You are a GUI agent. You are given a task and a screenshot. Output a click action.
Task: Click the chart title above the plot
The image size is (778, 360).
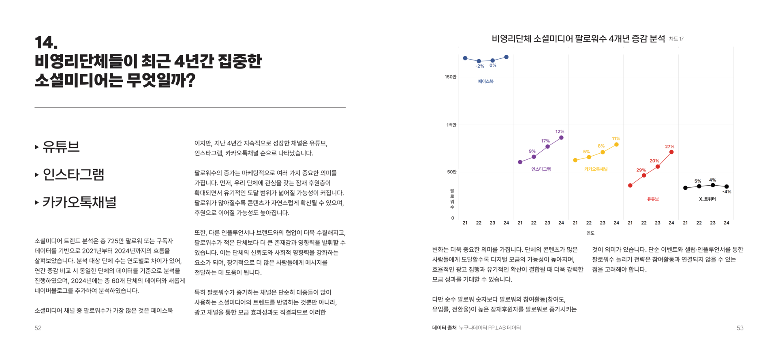(x=578, y=39)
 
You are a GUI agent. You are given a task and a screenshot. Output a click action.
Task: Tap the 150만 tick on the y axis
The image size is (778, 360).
(x=450, y=77)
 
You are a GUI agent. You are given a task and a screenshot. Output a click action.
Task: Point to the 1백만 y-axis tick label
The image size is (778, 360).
(x=451, y=125)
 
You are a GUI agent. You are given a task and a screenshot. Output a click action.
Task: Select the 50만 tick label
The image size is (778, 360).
(x=451, y=172)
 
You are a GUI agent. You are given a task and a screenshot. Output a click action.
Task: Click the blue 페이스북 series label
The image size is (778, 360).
(x=485, y=81)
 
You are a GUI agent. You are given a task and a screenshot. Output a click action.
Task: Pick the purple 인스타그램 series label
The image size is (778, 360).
(x=541, y=169)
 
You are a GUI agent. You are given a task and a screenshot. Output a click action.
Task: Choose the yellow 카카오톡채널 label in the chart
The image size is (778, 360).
(x=596, y=169)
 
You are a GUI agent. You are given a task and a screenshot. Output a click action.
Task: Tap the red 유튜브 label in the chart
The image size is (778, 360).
(x=652, y=199)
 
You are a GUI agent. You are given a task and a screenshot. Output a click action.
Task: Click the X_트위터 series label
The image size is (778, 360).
(x=707, y=199)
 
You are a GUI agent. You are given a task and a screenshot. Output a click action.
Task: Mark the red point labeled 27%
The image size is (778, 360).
(x=671, y=152)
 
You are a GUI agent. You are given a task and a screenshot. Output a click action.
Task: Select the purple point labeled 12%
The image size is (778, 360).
(x=561, y=138)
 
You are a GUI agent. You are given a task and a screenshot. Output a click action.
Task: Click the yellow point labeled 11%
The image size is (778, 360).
(x=616, y=144)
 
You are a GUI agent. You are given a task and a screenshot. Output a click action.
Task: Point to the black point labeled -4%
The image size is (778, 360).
(x=727, y=186)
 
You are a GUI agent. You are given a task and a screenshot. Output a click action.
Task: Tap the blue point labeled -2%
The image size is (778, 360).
(x=479, y=61)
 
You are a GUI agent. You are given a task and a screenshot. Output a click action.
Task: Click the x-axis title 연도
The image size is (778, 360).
(x=590, y=233)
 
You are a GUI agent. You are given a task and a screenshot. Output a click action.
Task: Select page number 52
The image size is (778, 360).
(x=38, y=328)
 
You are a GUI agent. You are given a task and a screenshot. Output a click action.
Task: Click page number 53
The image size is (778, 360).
(x=740, y=328)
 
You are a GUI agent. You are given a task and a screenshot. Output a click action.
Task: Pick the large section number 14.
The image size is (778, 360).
(x=46, y=43)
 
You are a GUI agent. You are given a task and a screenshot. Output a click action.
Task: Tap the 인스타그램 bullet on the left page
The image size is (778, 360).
(x=73, y=175)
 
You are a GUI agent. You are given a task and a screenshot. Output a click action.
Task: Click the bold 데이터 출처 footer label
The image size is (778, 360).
(x=444, y=328)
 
